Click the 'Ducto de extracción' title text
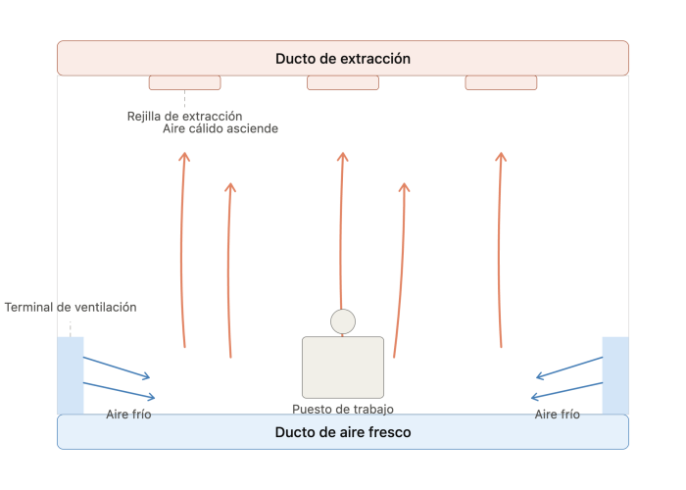(x=343, y=59)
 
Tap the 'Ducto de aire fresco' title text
(x=343, y=432)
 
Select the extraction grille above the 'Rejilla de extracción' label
(x=184, y=82)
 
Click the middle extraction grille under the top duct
(x=343, y=82)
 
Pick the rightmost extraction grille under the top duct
(x=501, y=82)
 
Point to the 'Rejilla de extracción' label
(x=184, y=117)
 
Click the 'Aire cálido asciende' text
(x=220, y=128)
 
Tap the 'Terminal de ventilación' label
(x=71, y=307)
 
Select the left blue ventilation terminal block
(x=70, y=375)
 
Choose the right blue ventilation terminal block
(x=615, y=375)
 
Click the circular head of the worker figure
(x=343, y=321)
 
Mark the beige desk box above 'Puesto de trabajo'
(x=343, y=367)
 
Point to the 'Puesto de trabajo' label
(x=343, y=409)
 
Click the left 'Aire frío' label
(x=128, y=415)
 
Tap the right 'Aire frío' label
(x=557, y=415)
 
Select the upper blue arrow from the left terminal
(x=117, y=367)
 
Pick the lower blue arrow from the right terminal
(x=566, y=391)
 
